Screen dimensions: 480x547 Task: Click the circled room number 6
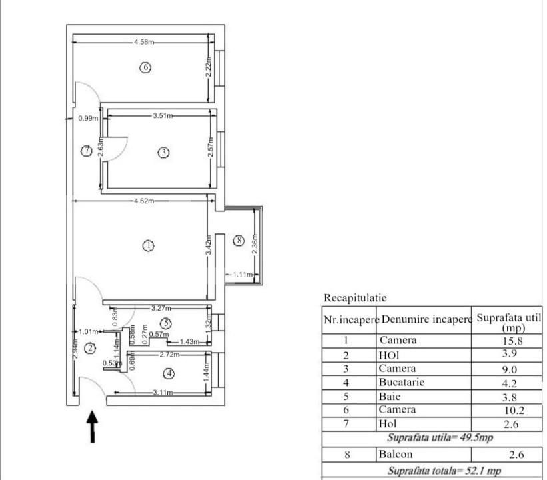click(145, 67)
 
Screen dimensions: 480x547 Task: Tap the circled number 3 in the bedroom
click(164, 153)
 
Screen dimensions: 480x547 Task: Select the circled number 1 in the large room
click(149, 245)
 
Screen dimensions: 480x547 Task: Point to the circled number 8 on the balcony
click(239, 241)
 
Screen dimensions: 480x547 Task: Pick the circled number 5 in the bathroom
click(167, 323)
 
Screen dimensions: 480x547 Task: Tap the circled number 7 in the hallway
click(86, 151)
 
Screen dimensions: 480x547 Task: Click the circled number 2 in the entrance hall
click(91, 347)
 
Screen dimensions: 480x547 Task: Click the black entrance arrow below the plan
click(93, 427)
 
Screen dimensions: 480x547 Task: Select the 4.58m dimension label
click(144, 42)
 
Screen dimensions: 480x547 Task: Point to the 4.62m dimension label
click(145, 201)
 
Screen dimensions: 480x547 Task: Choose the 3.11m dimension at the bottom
click(163, 393)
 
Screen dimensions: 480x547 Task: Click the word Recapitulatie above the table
click(355, 298)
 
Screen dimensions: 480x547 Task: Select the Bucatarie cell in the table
click(402, 383)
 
